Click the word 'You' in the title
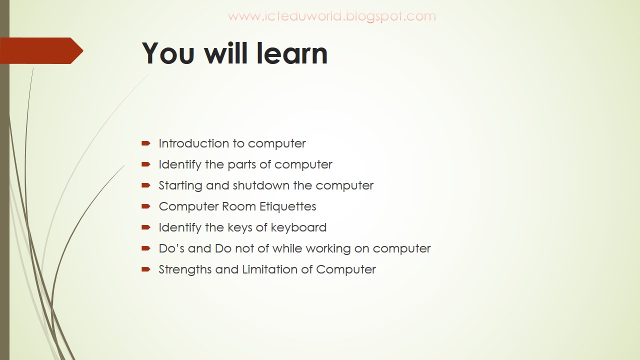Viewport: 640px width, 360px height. (167, 53)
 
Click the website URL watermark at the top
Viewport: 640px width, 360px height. (332, 16)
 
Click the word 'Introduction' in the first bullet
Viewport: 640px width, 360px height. (193, 143)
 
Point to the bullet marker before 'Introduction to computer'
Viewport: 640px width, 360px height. (146, 143)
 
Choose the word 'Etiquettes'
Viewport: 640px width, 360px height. (288, 206)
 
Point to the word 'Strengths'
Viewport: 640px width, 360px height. (185, 269)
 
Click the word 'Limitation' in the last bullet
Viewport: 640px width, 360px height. (271, 269)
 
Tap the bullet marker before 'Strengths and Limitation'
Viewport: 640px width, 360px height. (146, 269)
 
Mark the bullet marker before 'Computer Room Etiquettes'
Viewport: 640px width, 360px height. (146, 206)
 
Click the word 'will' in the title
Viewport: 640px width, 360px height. (226, 53)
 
